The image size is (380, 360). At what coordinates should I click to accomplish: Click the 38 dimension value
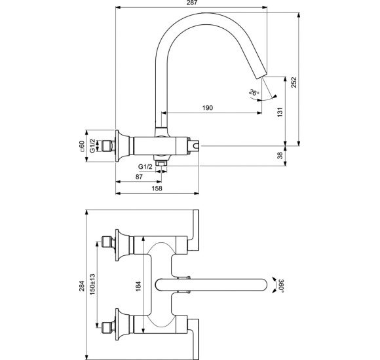(x=280, y=155)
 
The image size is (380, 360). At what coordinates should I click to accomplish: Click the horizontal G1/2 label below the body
(x=145, y=166)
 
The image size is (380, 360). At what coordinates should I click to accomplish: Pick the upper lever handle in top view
(x=195, y=230)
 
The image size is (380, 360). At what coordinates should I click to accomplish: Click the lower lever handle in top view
(x=195, y=338)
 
